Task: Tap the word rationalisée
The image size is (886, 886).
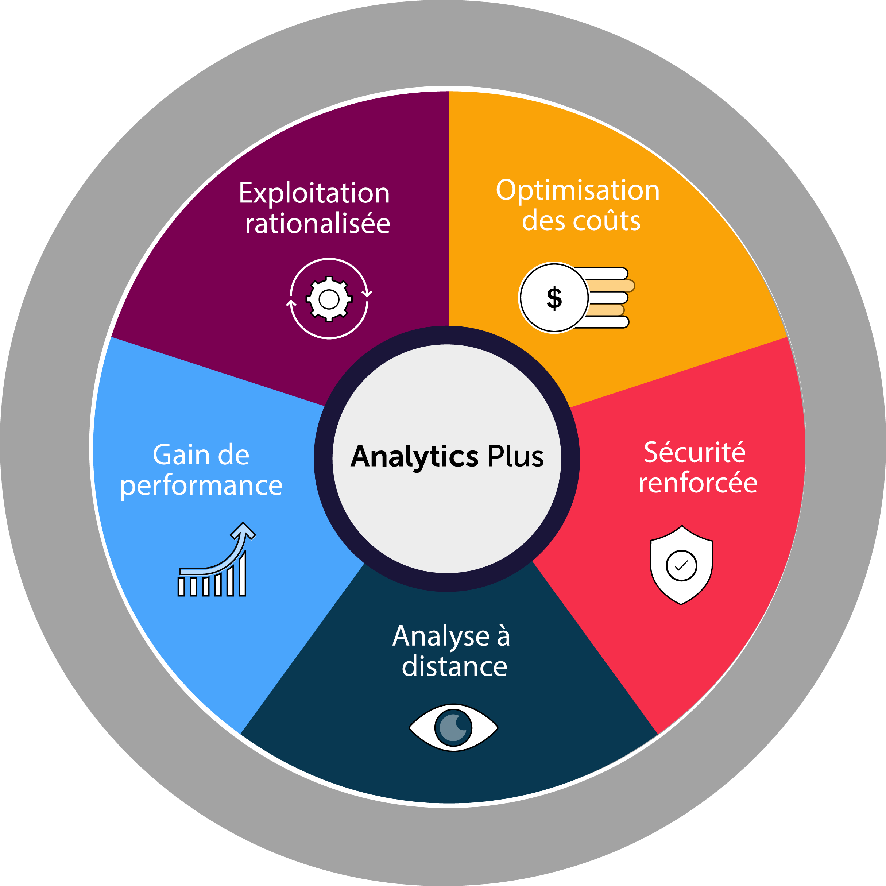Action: (x=317, y=224)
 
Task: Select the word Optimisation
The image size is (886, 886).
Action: (x=578, y=190)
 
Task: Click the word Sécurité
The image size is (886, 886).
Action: (x=695, y=453)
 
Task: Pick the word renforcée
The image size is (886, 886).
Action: (x=698, y=483)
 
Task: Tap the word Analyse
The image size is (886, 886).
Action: (x=441, y=637)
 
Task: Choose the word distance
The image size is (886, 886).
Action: (x=454, y=667)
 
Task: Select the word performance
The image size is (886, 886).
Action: (x=201, y=485)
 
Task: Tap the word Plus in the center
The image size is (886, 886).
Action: (x=515, y=457)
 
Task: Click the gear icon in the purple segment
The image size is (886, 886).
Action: (x=329, y=299)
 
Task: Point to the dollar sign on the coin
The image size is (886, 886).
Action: (x=554, y=298)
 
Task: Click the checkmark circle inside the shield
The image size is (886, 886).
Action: (x=681, y=565)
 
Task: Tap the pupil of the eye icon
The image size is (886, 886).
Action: (x=453, y=728)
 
